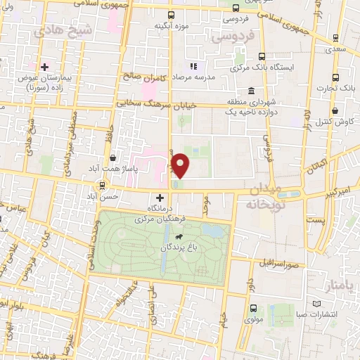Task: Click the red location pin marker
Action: pos(181,165)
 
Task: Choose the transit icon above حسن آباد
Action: pos(103,186)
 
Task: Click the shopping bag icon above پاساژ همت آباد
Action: pos(113,158)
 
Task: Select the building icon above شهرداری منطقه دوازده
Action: pos(252,91)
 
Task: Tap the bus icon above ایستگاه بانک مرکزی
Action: pos(262,57)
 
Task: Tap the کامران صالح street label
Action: pos(147,76)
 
